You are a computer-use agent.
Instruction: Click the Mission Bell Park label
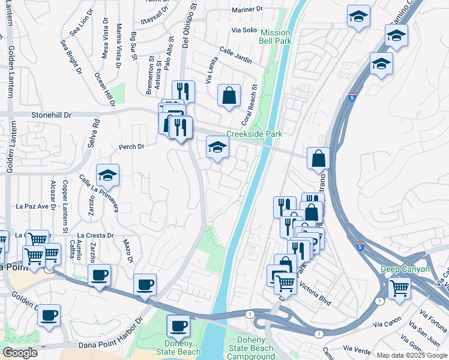[x=276, y=37]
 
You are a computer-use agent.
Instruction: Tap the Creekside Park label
[x=254, y=134]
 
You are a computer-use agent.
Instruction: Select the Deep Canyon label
[x=405, y=269]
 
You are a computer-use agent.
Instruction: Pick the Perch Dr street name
[x=132, y=146]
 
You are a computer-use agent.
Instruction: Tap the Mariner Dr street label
[x=247, y=9]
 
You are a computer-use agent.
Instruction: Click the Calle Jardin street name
[x=235, y=55]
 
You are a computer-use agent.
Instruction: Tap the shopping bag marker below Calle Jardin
[x=229, y=95]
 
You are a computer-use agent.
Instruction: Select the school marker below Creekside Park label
[x=217, y=147]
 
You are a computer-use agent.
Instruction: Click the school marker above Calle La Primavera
[x=107, y=175]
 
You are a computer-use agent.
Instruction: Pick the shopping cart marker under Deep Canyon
[x=399, y=288]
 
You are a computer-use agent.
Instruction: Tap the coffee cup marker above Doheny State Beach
[x=178, y=326]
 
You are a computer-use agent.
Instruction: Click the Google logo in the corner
[x=20, y=353]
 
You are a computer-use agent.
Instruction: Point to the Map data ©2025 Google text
[x=412, y=355]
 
